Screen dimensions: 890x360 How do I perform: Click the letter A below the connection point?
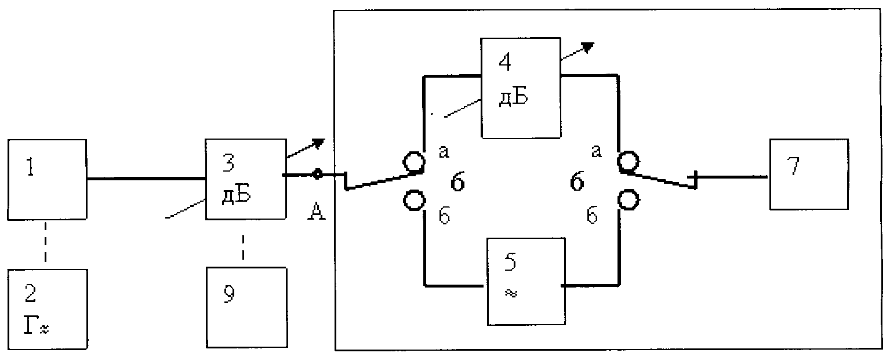(x=317, y=211)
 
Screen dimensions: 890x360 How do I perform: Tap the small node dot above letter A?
(x=317, y=174)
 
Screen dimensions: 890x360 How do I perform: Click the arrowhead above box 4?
(x=588, y=47)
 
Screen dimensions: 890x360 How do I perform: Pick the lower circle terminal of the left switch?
(x=415, y=200)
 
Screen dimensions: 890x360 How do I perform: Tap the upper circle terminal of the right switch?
(x=628, y=161)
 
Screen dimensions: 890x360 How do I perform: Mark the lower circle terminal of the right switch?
(x=629, y=199)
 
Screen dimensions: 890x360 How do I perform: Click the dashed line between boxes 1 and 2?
(x=45, y=242)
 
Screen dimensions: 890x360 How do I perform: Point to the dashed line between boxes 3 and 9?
(x=243, y=247)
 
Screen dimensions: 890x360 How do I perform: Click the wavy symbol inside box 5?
(x=511, y=293)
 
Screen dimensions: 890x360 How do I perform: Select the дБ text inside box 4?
(x=513, y=97)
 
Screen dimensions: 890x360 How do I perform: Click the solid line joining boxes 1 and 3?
(x=146, y=179)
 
